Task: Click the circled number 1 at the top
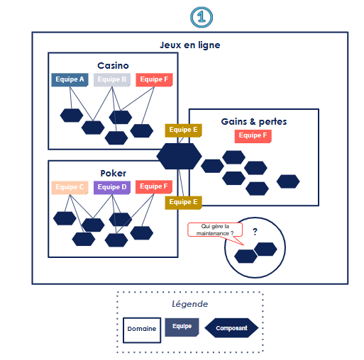(x=202, y=17)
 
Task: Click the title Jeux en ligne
(x=190, y=45)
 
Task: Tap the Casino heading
(x=113, y=65)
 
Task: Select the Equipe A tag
(x=70, y=80)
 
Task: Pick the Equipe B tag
(x=112, y=80)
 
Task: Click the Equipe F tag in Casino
(x=154, y=80)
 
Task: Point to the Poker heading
(x=113, y=173)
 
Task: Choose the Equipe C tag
(x=70, y=188)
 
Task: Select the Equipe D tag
(x=112, y=188)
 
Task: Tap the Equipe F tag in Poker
(x=154, y=187)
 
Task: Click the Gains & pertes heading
(x=254, y=122)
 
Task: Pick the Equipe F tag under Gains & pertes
(x=253, y=136)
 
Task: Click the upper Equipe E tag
(x=183, y=130)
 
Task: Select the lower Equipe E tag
(x=183, y=203)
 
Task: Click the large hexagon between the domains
(x=179, y=156)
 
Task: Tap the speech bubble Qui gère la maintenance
(x=215, y=230)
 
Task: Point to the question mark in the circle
(x=255, y=232)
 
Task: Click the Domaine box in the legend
(x=142, y=330)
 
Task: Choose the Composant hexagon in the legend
(x=231, y=328)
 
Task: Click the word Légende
(x=190, y=304)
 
